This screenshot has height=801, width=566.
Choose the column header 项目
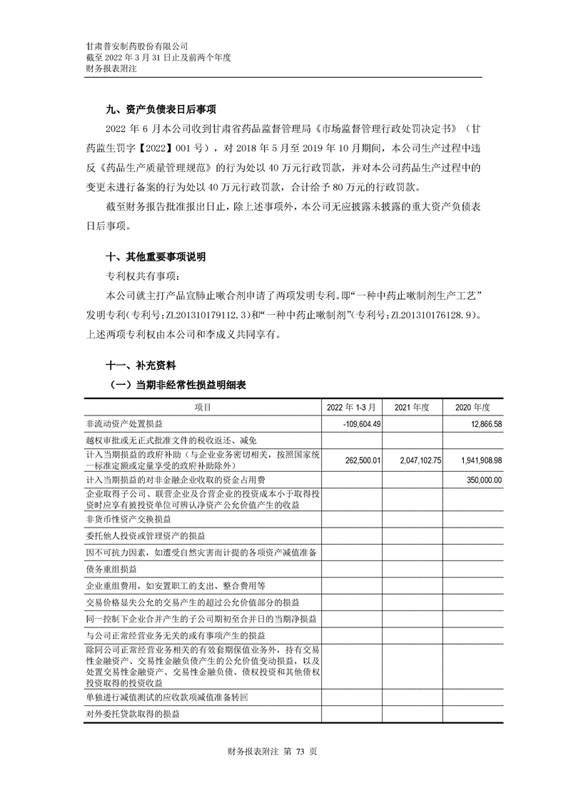[x=203, y=406]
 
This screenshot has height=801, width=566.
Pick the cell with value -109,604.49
[x=364, y=423]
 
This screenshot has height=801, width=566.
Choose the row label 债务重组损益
[x=111, y=569]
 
